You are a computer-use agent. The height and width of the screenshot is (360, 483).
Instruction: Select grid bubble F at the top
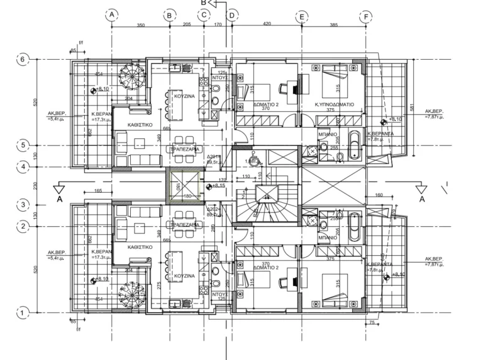[365, 16]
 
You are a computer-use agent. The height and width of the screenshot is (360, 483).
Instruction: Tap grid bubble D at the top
[231, 15]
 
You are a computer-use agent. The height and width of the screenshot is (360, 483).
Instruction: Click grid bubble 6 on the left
[23, 60]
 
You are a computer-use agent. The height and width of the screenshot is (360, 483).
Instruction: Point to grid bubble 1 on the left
[23, 312]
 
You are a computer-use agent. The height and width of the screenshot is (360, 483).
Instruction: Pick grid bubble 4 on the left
[23, 167]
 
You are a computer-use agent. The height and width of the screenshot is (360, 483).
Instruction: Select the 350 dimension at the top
[140, 25]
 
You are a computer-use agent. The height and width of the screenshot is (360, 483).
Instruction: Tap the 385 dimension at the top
[333, 25]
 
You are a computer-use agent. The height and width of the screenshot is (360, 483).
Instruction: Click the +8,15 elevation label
[219, 185]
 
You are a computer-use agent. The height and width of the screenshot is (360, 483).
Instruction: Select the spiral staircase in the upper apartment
[132, 80]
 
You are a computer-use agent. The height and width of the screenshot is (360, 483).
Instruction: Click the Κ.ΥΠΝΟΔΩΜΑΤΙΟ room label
[334, 104]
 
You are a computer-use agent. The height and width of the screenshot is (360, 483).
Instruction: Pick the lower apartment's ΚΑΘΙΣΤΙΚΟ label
[142, 248]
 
